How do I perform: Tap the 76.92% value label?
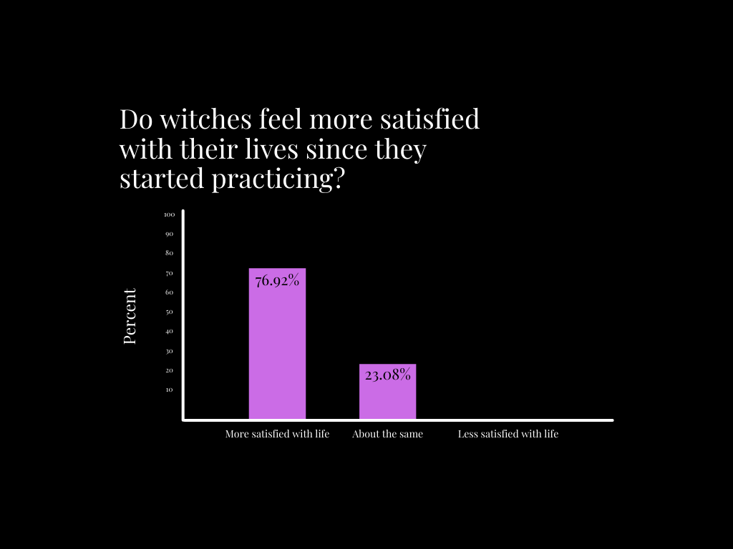click(x=277, y=281)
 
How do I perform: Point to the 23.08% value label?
click(x=387, y=374)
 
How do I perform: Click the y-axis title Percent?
click(x=130, y=317)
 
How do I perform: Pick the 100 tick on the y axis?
click(x=169, y=214)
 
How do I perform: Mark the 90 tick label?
click(x=169, y=234)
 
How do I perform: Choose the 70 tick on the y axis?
click(x=169, y=273)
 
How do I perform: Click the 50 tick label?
click(x=169, y=312)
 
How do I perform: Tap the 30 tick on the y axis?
click(x=169, y=351)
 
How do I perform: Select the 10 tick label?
click(x=169, y=390)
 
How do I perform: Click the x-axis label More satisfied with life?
click(x=277, y=434)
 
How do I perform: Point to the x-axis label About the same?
click(x=387, y=434)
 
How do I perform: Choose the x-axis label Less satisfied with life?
click(x=508, y=434)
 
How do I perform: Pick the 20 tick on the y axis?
click(x=169, y=370)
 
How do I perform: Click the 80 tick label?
click(x=169, y=253)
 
